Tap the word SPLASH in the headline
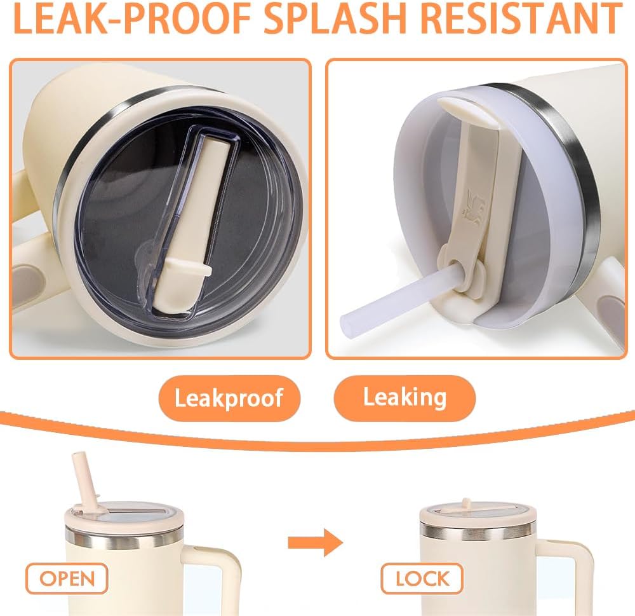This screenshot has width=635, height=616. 335,18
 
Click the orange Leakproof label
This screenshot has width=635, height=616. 229,398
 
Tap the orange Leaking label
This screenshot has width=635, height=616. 404,398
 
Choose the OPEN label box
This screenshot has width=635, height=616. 67,578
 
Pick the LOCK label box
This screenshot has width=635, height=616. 422,578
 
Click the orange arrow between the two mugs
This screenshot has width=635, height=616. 316,542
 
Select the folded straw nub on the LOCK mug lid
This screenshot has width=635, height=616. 466,503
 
